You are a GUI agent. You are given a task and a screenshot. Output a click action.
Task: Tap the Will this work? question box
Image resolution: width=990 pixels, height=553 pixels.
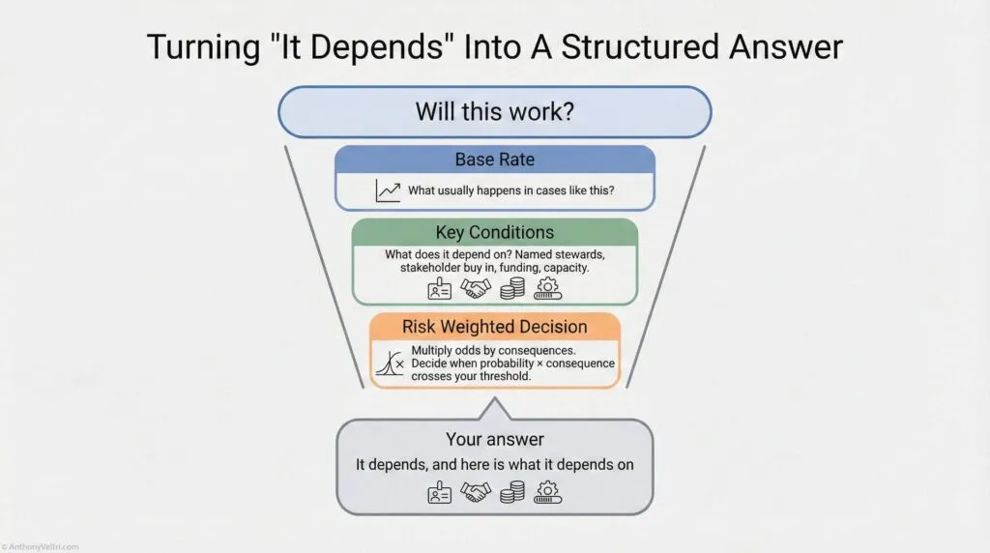[494, 111]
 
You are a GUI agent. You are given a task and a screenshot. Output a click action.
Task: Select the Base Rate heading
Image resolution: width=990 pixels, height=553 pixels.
[494, 160]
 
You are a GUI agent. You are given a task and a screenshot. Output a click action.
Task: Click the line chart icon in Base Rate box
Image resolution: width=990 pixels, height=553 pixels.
[388, 190]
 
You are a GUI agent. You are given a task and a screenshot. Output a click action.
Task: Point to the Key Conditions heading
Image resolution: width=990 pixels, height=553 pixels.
[494, 232]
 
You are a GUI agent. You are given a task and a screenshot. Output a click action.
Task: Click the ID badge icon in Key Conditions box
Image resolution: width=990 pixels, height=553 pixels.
[440, 288]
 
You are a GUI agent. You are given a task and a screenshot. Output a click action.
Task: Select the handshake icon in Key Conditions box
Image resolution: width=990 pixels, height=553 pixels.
[476, 288]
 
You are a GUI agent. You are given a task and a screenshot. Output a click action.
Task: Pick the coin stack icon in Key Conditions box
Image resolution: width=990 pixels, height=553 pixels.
[512, 288]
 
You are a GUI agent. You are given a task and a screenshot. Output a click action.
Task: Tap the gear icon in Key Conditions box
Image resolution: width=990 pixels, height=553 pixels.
[548, 288]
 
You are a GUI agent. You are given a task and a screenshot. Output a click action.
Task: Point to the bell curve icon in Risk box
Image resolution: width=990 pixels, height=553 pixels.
[389, 363]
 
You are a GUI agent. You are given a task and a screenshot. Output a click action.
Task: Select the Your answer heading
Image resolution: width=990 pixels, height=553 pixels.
[494, 439]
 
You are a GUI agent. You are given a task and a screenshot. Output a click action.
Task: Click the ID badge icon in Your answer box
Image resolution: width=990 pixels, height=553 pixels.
[440, 493]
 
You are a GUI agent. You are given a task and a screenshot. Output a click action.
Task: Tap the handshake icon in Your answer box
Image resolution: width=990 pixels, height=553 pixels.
[476, 493]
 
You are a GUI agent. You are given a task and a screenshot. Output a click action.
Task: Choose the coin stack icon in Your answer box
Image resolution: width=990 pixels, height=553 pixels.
[512, 493]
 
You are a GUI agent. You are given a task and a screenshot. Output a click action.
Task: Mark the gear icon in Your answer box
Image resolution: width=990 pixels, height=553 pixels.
[548, 493]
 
